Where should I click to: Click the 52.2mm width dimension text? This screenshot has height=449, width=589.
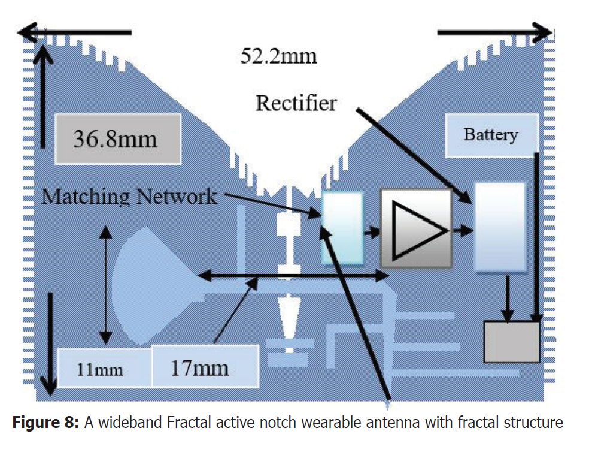point(278,57)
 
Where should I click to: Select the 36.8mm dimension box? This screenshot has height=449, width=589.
point(119,139)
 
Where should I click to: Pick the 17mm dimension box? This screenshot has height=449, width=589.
point(205,366)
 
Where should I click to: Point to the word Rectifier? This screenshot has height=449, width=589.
point(296,103)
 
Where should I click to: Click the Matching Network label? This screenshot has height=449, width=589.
point(129,196)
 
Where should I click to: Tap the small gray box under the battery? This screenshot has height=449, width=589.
point(511,341)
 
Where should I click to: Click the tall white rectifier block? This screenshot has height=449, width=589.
point(500,227)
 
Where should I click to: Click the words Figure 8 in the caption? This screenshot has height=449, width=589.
point(45,423)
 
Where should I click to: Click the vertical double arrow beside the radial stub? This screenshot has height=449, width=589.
point(107,285)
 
